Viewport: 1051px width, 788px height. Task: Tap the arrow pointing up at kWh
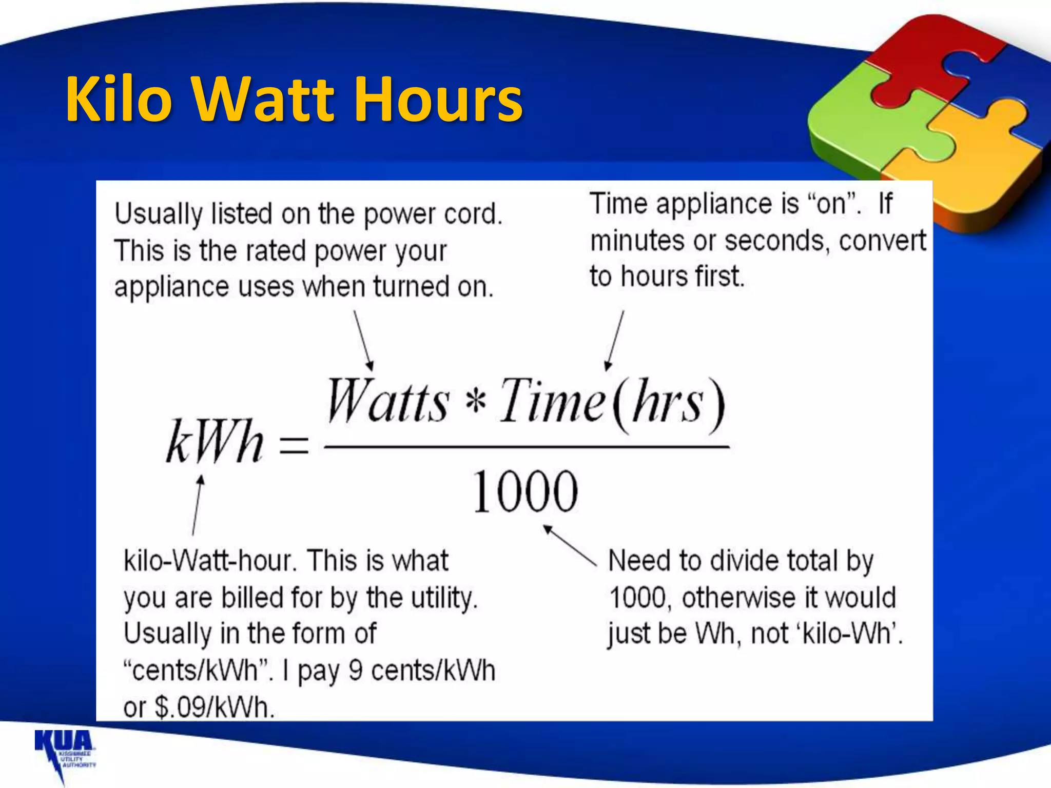coord(197,505)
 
